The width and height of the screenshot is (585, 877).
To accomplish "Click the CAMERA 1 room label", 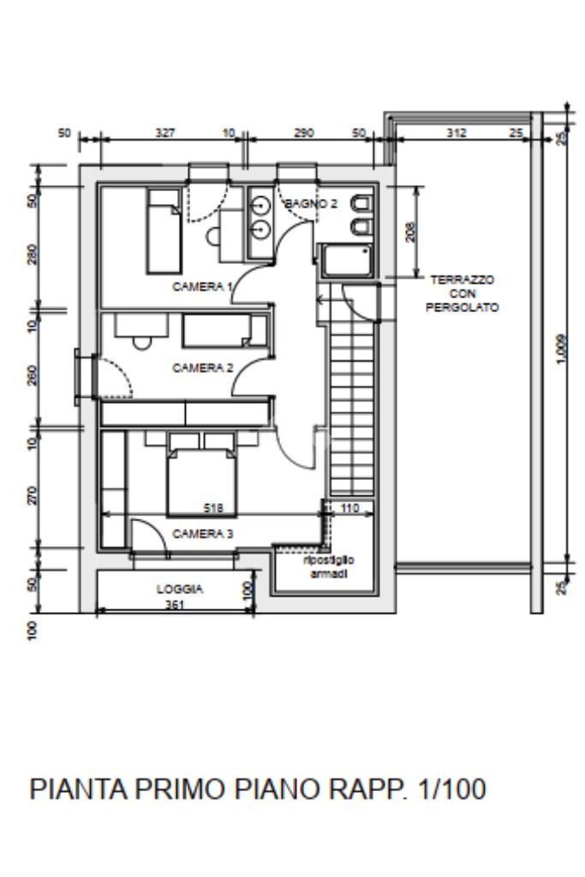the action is pos(202,287).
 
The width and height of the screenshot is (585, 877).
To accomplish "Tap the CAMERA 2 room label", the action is pos(203,368).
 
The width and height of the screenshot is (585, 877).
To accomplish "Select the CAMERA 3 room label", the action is pos(203,533).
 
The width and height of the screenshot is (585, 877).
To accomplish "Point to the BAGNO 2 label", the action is pos(311,203).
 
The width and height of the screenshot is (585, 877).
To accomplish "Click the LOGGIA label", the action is pos(179,589).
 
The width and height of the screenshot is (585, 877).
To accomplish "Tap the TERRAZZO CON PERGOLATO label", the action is pos(462,293).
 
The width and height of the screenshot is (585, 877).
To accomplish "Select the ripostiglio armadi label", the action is pos(329,567).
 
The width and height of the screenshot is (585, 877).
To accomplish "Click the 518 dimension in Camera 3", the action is pos(213,508).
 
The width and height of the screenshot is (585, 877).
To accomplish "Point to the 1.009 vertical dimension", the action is pos(562,349).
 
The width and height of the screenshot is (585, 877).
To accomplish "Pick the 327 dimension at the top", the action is pos(164,133).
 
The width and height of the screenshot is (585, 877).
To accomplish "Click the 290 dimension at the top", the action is pos(304,133).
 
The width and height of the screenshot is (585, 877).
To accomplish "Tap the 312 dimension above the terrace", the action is pos(457,133).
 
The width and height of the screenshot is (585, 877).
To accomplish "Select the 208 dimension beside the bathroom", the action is pos(410,232).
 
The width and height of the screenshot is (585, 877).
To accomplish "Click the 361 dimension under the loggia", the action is pos(175,604).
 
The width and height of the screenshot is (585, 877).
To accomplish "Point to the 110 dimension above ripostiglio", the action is pos(349,508).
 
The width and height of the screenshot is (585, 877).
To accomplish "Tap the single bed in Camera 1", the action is pos(164,231).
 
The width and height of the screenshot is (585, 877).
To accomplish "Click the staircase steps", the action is pos(351,408).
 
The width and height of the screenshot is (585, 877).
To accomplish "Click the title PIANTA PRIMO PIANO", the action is pos(176,790).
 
